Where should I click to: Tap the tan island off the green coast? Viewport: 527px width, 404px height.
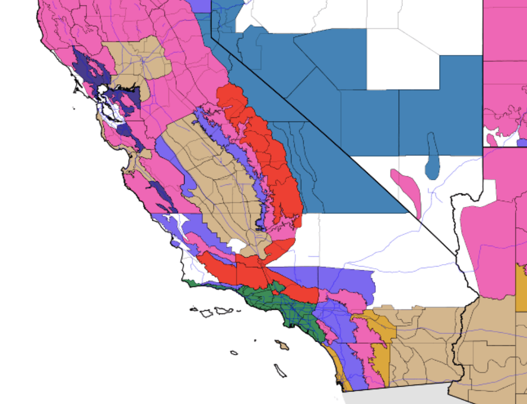tap(283, 345)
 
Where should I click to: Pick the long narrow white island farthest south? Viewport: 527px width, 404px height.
tap(281, 370)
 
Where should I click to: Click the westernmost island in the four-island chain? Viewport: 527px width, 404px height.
tap(194, 309)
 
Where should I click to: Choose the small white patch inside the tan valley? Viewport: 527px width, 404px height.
tap(237, 245)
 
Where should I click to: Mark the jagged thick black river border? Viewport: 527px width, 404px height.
tap(459, 236)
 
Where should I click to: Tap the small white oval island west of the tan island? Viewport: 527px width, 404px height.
tap(233, 353)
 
